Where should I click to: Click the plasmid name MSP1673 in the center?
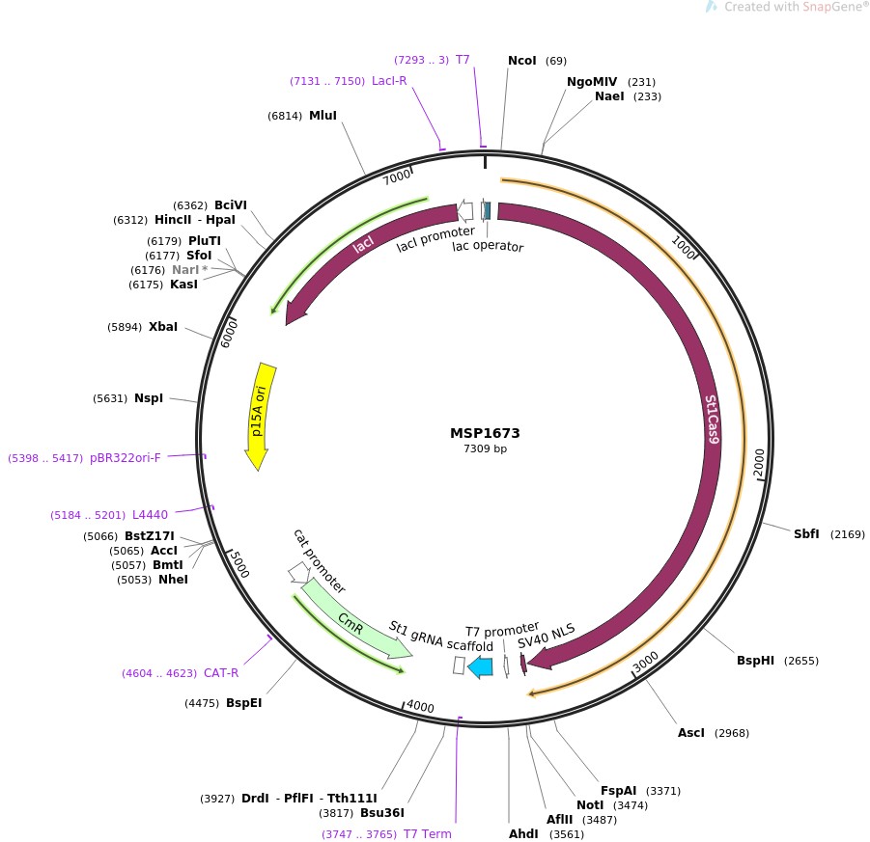click(x=484, y=433)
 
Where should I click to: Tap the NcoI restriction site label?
click(x=521, y=61)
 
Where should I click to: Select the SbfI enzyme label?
click(x=806, y=533)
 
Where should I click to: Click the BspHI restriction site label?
click(x=755, y=661)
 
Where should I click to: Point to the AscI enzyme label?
click(x=691, y=733)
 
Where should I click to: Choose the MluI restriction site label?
click(x=323, y=116)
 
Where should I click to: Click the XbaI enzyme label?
click(x=163, y=327)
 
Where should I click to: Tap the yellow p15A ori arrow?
click(x=259, y=415)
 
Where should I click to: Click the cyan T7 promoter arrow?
click(x=480, y=665)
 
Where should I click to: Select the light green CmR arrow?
click(x=352, y=621)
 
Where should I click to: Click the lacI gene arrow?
click(x=362, y=247)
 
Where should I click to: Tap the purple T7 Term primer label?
click(x=427, y=833)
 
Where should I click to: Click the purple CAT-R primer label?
click(x=221, y=672)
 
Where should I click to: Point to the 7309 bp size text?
click(x=485, y=449)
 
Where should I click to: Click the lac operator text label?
click(x=488, y=246)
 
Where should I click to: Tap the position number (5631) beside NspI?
click(x=110, y=398)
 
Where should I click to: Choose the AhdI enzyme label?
click(x=523, y=833)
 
